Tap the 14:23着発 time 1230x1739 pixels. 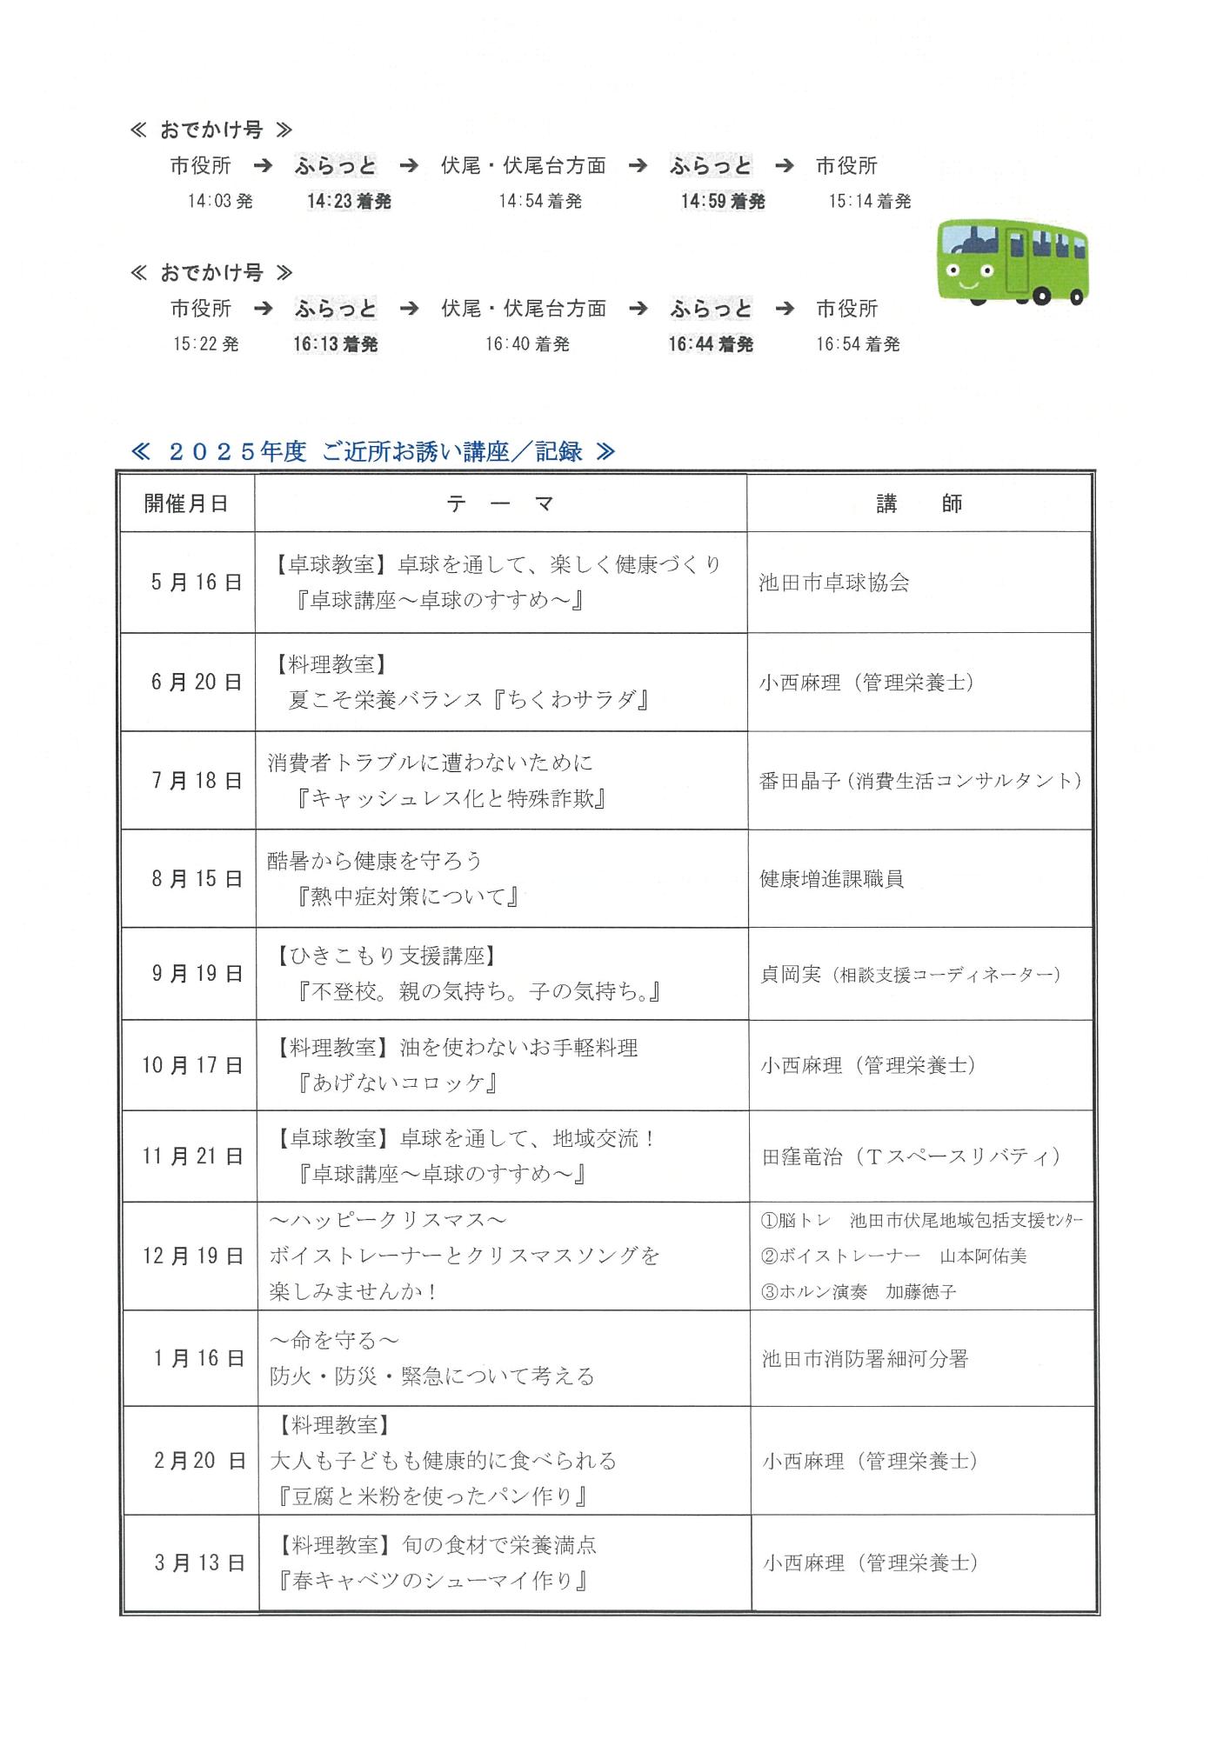pos(349,202)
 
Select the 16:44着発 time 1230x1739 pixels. pos(711,344)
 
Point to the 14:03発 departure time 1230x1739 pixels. pos(220,202)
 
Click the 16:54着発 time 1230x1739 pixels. pos(858,344)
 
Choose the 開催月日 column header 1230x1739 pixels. pos(187,503)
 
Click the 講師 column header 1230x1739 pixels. pos(919,503)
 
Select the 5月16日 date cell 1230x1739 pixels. pos(196,583)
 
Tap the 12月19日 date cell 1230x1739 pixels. pos(193,1256)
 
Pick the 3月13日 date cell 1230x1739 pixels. pos(199,1562)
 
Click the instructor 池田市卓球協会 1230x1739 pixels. pos(834,583)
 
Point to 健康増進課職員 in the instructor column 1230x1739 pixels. pos(832,879)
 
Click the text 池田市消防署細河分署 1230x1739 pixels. pos(865,1359)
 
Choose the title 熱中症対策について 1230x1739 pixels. pos(408,896)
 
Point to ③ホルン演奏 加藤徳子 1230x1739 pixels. pos(859,1292)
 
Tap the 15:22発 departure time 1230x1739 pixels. pos(206,344)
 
